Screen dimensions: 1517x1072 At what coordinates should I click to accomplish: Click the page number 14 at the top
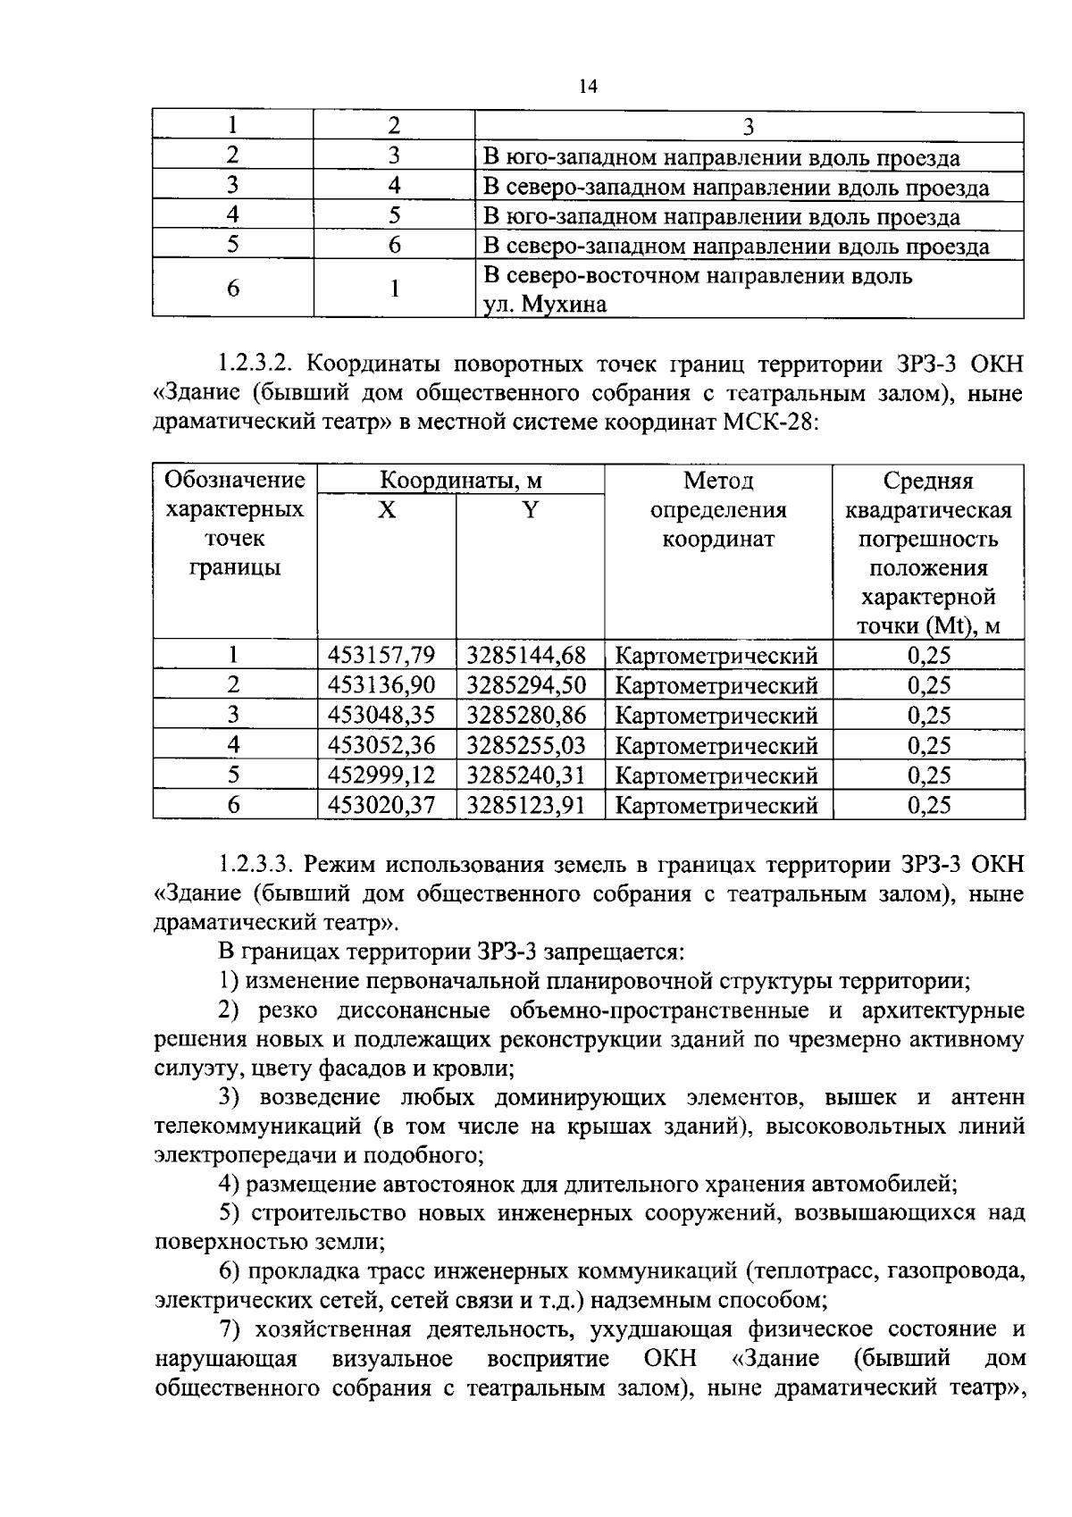[x=587, y=87]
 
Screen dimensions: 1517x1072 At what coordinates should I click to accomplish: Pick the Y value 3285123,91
[x=526, y=805]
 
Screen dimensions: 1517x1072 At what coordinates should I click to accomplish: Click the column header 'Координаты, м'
[x=461, y=481]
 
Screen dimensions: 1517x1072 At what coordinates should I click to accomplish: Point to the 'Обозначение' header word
[x=235, y=481]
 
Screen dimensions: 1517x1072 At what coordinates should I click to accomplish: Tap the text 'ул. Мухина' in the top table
[x=544, y=305]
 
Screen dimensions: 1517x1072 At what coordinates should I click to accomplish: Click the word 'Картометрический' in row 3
[x=716, y=716]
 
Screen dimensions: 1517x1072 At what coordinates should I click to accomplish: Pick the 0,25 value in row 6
[x=929, y=805]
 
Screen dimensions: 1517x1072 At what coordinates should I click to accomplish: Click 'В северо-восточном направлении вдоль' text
[x=698, y=275]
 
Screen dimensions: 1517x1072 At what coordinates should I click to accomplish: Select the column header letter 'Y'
[x=531, y=510]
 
